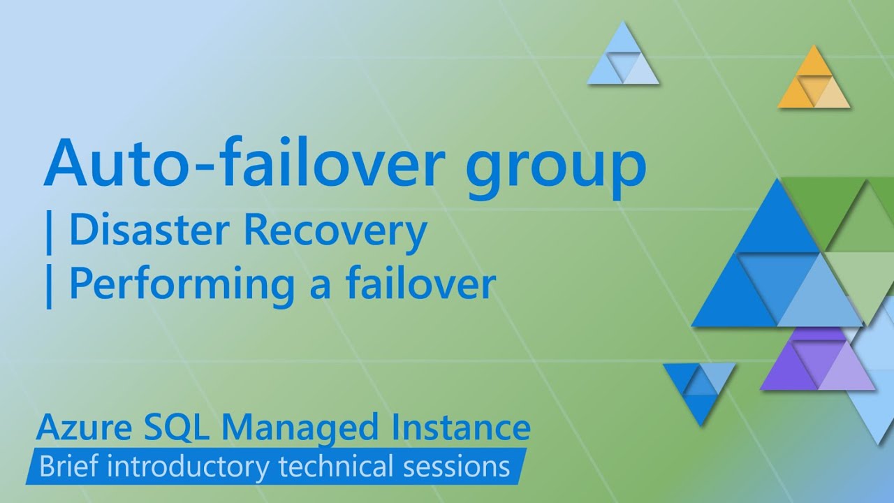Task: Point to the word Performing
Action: tap(181, 285)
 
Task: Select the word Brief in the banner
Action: tap(69, 466)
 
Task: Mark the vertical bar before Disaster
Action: tap(48, 233)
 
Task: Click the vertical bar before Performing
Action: tap(48, 285)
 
